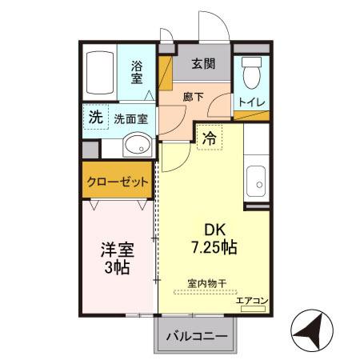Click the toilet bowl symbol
click(x=251, y=74)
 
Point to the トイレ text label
click(x=251, y=102)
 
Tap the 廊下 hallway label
click(x=193, y=97)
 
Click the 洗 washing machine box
click(x=95, y=117)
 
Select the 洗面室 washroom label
click(x=130, y=118)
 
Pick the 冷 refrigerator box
click(x=209, y=138)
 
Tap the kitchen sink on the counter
click(x=257, y=179)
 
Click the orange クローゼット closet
click(x=118, y=182)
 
